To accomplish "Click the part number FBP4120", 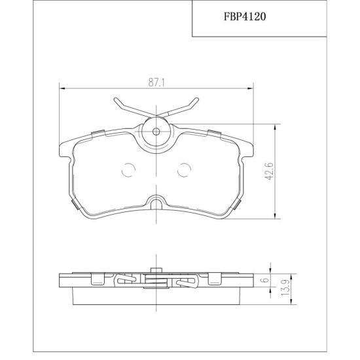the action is tap(245, 16).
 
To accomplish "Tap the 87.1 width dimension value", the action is tap(156, 82).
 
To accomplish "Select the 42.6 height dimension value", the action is tap(270, 171).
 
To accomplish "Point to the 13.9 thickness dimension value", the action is tap(285, 289).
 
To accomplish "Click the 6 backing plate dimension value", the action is tap(265, 280).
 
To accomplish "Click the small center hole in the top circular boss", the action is tap(156, 132).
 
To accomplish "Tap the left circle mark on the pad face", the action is tap(128, 170).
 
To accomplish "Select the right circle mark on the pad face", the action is tap(185, 170).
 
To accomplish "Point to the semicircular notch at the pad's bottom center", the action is tap(156, 200).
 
